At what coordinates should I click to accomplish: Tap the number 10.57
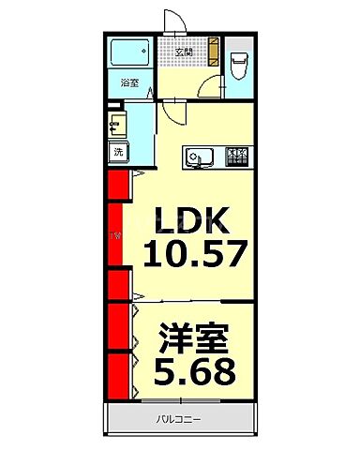[x=195, y=253]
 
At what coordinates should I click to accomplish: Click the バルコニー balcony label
[x=178, y=419]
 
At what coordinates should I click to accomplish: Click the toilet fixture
[x=239, y=62]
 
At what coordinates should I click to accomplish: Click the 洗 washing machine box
[x=118, y=151]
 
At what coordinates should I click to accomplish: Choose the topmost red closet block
[x=118, y=187]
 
